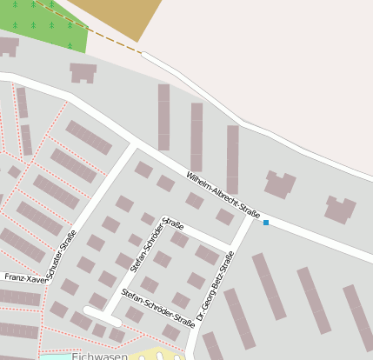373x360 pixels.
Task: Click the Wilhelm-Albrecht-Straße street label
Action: click(x=223, y=194)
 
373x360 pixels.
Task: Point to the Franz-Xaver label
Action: click(x=24, y=277)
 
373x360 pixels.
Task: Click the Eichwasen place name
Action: click(x=99, y=356)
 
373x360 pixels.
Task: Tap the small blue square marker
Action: click(x=266, y=223)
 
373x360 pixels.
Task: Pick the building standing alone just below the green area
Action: click(x=83, y=72)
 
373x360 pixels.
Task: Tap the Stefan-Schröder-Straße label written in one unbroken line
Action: click(x=158, y=306)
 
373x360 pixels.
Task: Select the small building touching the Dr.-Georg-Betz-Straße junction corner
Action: click(x=225, y=217)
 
